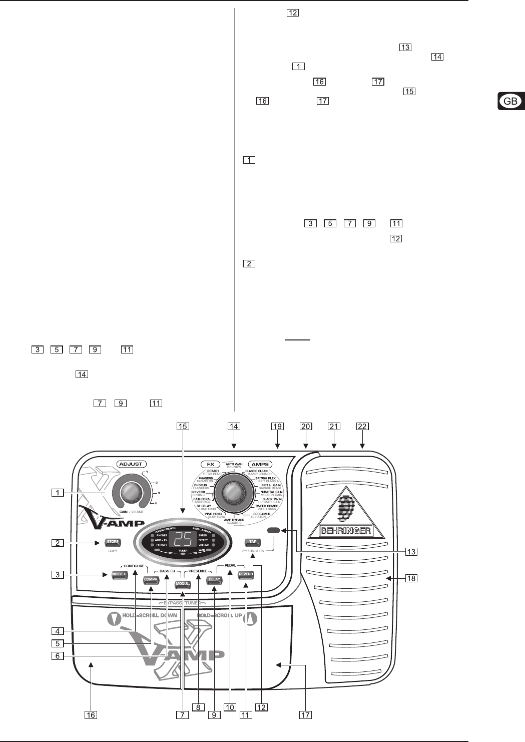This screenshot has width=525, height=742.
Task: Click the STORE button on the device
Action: [112, 542]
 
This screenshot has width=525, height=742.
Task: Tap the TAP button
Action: [253, 542]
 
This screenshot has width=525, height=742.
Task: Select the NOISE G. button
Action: [120, 575]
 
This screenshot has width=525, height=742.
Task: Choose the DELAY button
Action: [214, 579]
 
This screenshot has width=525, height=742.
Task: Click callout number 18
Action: [410, 578]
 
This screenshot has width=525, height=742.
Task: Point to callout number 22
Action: [362, 427]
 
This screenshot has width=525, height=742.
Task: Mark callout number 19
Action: [278, 427]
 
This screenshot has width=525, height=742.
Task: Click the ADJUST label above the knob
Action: [130, 464]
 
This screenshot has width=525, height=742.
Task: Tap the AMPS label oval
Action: [260, 464]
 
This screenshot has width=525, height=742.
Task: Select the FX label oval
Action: [210, 464]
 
